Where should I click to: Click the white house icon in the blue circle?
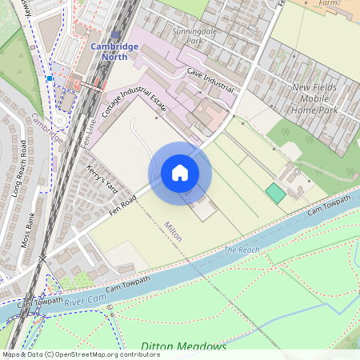coord(180,173)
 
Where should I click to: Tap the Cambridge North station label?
coord(114,51)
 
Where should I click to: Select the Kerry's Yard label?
coord(102,178)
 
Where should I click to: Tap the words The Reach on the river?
coord(242,250)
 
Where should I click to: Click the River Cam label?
coord(86,302)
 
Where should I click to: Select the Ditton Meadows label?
coord(184,346)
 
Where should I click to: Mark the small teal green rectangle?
coord(275,193)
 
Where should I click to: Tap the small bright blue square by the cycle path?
coord(50,78)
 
